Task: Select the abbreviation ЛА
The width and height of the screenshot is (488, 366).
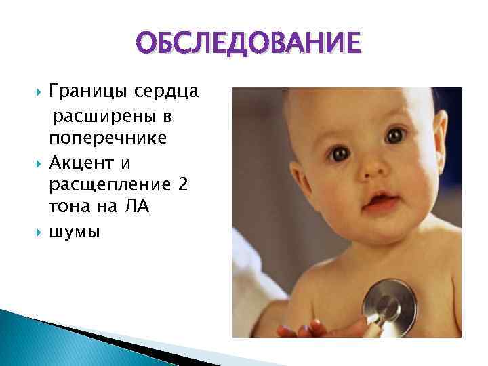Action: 138,208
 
